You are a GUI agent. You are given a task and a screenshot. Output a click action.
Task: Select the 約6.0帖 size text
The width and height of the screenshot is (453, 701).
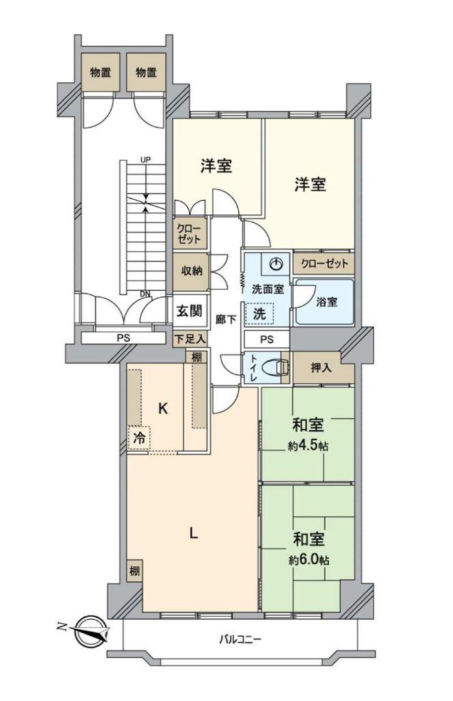309,560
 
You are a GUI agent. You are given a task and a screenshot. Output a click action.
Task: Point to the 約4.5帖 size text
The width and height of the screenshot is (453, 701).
309,445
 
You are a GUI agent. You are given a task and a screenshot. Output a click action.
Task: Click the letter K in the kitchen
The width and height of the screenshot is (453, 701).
163,408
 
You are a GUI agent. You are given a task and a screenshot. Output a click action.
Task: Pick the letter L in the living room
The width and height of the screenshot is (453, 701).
194,533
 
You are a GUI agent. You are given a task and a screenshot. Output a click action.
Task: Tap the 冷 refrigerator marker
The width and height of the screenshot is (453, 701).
140,438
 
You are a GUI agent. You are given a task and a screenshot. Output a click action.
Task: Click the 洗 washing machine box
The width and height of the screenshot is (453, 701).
259,314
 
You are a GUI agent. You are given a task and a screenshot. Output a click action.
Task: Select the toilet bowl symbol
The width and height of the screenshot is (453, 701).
275,368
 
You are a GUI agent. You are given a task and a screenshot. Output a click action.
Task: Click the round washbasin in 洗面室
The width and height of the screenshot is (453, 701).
276,264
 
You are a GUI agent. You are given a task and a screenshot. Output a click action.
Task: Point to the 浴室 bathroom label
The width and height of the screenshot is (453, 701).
326,302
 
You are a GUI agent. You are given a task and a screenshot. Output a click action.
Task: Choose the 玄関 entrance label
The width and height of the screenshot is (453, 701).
190,311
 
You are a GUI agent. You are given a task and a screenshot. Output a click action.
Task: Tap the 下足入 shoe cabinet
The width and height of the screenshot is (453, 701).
190,338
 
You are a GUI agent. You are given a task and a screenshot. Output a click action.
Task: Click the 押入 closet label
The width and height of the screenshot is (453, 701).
322,368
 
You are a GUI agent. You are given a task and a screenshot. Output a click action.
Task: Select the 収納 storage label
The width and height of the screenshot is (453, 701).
192,271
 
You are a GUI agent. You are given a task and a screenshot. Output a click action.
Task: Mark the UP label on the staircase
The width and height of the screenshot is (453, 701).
146,160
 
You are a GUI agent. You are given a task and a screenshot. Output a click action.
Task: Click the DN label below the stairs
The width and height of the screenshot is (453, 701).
145,294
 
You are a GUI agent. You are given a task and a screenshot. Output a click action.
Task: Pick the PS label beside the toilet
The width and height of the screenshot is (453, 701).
267,340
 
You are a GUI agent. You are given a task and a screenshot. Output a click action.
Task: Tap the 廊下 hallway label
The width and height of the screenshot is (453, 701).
226,319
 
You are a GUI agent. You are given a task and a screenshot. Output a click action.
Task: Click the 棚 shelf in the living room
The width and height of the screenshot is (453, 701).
135,571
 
